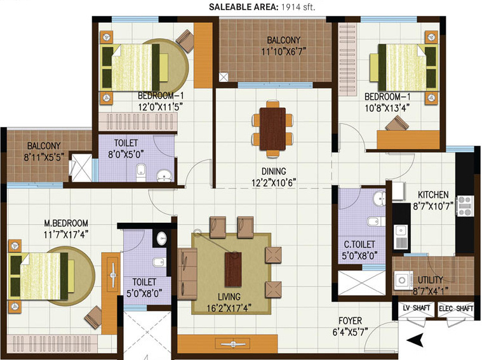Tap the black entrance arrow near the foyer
click(415, 340)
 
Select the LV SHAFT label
click(417, 309)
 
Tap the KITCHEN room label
click(433, 195)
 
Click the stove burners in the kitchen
click(464, 204)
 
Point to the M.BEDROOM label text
click(65, 223)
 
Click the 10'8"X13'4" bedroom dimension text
click(387, 107)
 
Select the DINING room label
click(273, 171)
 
